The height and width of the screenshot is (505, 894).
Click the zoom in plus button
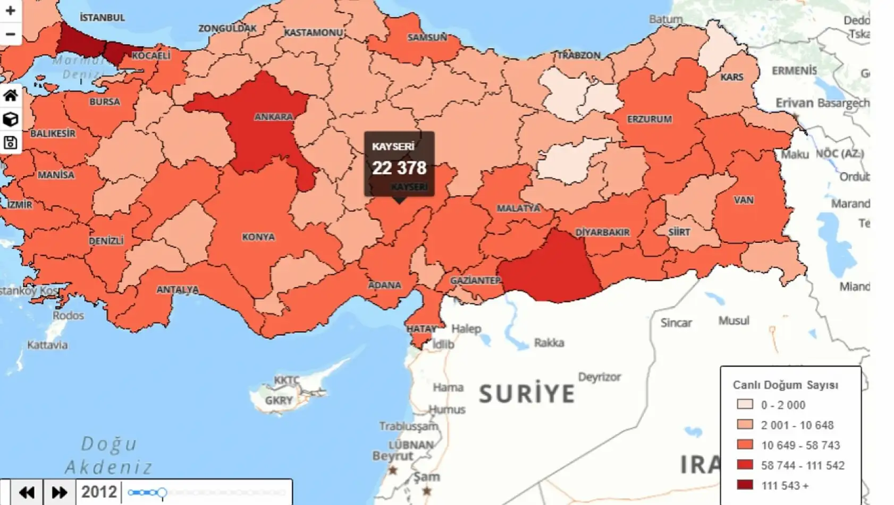[x=10, y=11]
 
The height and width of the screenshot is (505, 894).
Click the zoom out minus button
[x=10, y=34]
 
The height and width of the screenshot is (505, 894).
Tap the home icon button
[x=11, y=96]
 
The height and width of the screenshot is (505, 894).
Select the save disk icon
[x=11, y=142]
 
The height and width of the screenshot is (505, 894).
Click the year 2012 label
[x=99, y=492]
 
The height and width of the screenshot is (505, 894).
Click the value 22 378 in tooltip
[x=399, y=168]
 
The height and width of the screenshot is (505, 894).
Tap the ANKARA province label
[x=274, y=117]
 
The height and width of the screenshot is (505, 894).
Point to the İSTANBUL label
[x=103, y=18]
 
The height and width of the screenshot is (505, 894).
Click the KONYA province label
[x=258, y=237]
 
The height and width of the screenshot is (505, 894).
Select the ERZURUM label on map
[x=650, y=119]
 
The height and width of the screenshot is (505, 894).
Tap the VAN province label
[x=744, y=200]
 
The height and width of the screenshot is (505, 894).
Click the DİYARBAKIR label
[x=602, y=232]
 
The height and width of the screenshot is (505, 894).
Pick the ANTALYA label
[x=178, y=290]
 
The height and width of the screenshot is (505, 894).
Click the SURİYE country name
[x=527, y=394]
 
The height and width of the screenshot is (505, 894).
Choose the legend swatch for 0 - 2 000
[x=745, y=405]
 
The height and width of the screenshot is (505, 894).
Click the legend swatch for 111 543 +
[x=745, y=485]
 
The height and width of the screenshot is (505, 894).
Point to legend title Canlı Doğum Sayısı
[x=786, y=385]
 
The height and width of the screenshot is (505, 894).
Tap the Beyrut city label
[x=392, y=456]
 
